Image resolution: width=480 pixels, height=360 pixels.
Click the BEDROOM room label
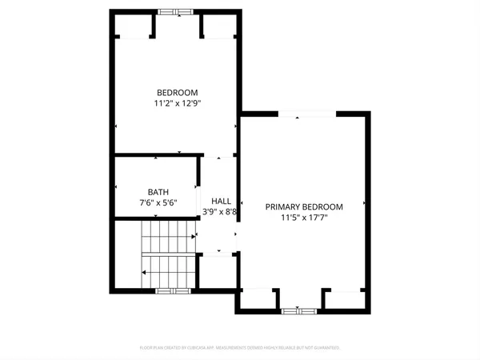point(177,93)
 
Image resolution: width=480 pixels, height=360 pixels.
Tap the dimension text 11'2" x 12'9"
point(177,103)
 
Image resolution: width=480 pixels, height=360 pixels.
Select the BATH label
point(158,192)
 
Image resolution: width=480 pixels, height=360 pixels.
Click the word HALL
point(221,201)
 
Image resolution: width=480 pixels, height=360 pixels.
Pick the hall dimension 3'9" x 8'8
point(221,212)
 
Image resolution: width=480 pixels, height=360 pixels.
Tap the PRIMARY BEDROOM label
point(304,206)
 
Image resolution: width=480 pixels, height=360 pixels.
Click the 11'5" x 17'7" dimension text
point(304,217)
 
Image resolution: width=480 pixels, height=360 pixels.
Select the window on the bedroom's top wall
point(175,11)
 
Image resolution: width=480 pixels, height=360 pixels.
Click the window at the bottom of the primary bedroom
point(299,310)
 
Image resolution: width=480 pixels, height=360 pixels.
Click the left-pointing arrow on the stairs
point(144,273)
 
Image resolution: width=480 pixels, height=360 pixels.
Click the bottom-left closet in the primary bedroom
point(258,299)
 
